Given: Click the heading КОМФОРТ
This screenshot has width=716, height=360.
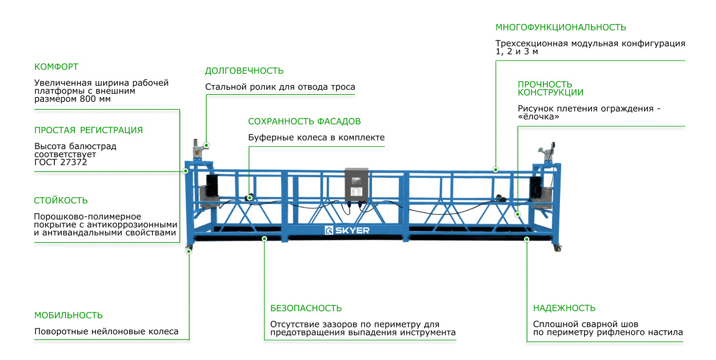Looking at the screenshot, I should [x=56, y=67].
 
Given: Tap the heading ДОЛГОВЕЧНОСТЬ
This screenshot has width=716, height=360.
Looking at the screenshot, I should [x=244, y=71].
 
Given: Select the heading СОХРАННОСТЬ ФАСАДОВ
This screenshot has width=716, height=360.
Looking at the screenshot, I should [x=304, y=122].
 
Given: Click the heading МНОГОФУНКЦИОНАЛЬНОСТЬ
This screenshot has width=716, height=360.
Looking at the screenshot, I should [x=561, y=27].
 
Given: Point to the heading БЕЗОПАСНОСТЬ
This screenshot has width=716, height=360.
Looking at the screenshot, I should [x=306, y=309].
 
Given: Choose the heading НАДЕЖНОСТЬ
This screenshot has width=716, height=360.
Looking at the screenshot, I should [x=564, y=309].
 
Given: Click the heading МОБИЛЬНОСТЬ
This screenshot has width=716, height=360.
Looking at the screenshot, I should [x=69, y=315].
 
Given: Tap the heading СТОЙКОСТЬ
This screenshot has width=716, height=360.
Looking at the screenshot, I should [x=61, y=201].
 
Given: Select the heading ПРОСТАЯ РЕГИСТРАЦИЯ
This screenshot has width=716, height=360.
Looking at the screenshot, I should [x=89, y=130].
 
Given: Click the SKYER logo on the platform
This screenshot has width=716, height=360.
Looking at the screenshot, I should [x=347, y=230].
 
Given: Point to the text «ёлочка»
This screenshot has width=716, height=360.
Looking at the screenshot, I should [x=538, y=117].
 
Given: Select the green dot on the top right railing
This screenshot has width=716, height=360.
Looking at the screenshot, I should [x=495, y=170].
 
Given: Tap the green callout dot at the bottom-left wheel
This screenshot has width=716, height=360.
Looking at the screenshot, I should [x=189, y=251].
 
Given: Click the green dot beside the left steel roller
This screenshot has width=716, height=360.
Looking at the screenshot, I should [x=206, y=146].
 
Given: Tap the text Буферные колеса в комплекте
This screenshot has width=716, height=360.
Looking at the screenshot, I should [x=316, y=138].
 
